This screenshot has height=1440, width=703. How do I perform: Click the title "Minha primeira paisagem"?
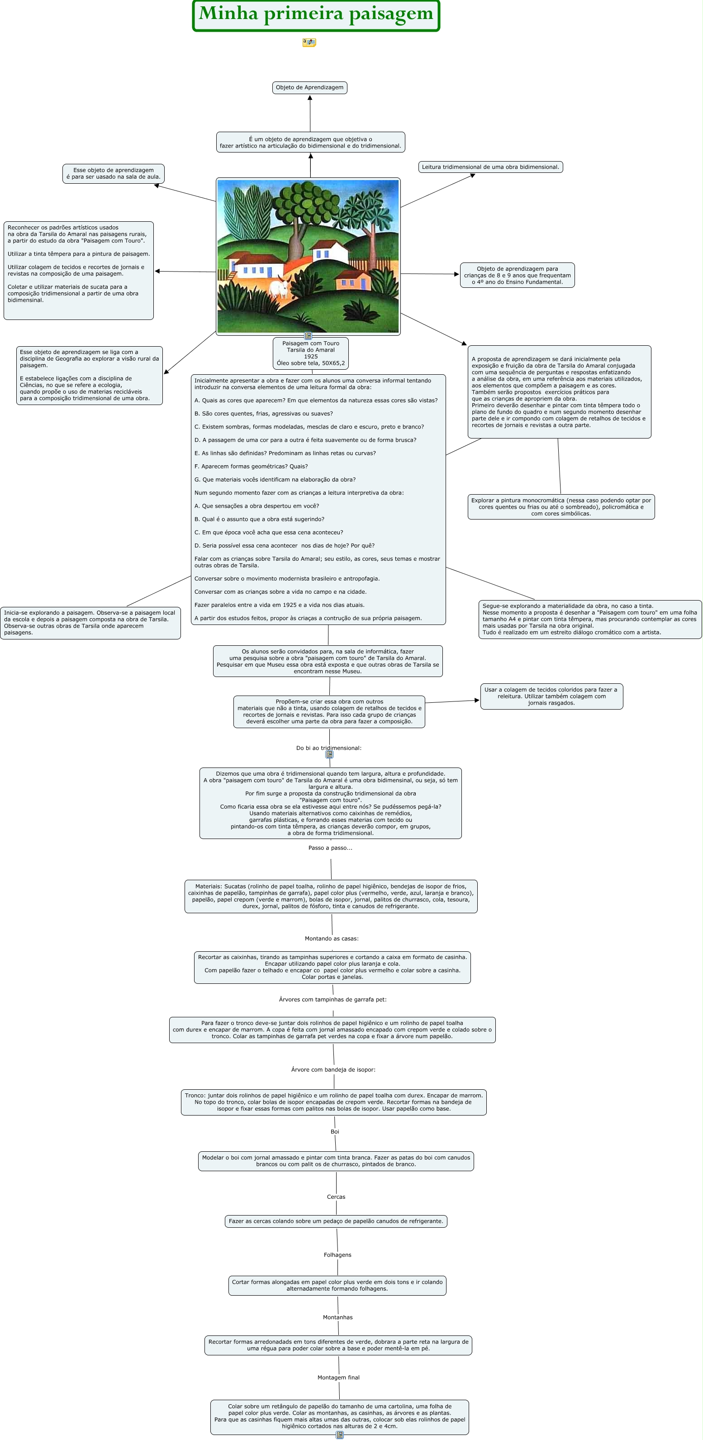pyautogui.click(x=316, y=14)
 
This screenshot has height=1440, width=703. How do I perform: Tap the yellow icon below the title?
pyautogui.click(x=309, y=42)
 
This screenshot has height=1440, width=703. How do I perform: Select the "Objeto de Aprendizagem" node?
pyautogui.click(x=309, y=88)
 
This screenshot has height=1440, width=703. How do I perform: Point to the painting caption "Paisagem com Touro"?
pyautogui.click(x=311, y=343)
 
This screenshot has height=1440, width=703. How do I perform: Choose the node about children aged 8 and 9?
pyautogui.click(x=517, y=275)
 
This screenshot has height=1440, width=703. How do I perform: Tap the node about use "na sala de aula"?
pyautogui.click(x=114, y=173)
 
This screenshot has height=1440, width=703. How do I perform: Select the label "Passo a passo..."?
pyautogui.click(x=330, y=848)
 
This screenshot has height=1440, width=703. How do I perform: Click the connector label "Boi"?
pyautogui.click(x=335, y=1131)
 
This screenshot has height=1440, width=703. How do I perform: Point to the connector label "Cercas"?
pyautogui.click(x=336, y=1197)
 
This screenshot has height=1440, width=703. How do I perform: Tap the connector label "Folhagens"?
pyautogui.click(x=337, y=1255)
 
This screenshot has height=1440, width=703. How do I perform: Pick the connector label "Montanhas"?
pyautogui.click(x=337, y=1317)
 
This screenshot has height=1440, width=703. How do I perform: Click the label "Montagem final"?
pyautogui.click(x=339, y=1378)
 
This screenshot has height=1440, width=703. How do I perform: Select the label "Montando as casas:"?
pyautogui.click(x=332, y=939)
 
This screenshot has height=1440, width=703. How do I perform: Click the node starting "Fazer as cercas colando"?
pyautogui.click(x=336, y=1221)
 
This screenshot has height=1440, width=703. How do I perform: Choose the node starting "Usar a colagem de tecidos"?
pyautogui.click(x=551, y=696)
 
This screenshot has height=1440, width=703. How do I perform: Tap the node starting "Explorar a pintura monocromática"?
pyautogui.click(x=561, y=507)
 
